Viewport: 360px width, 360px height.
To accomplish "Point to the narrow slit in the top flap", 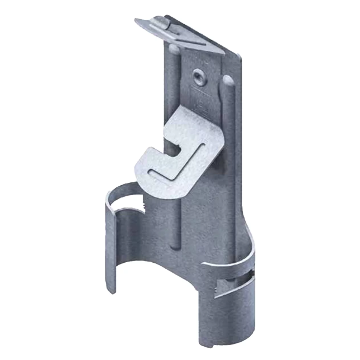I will pyautogui.click(x=190, y=42).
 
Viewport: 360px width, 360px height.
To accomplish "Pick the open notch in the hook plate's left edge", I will pyautogui.click(x=172, y=148).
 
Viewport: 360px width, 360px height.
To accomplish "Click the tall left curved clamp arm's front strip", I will pyautogui.click(x=110, y=246).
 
